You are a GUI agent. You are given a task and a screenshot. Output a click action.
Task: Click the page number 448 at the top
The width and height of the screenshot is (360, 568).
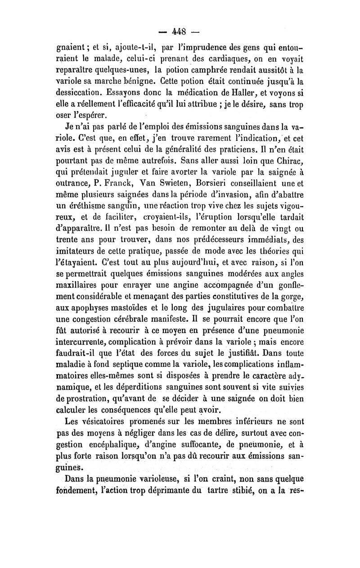point(180,33)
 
